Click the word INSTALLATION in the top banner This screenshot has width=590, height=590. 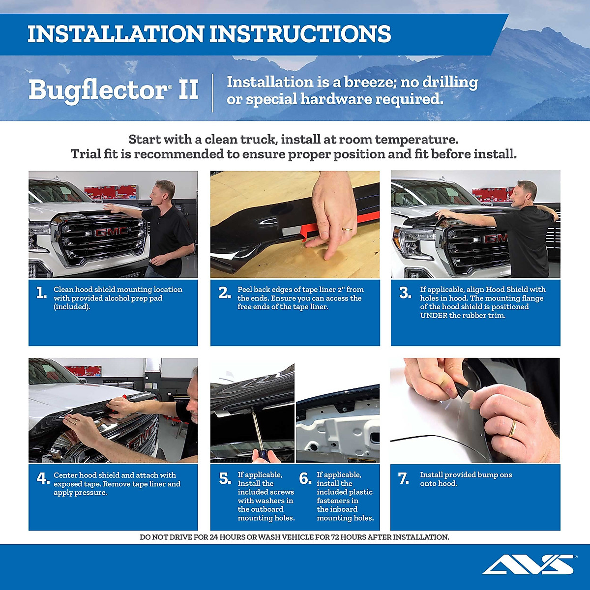point(115,34)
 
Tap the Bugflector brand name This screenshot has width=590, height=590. point(98,90)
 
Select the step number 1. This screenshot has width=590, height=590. point(42,293)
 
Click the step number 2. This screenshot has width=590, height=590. point(224,293)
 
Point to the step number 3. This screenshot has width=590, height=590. point(405,293)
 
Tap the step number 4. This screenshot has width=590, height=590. point(43,478)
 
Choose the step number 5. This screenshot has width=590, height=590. point(225,478)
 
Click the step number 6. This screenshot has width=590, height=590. point(305,478)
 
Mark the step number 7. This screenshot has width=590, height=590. point(404,478)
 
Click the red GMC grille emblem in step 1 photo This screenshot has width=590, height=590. point(111,232)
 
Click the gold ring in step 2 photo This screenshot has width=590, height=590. point(347,229)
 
